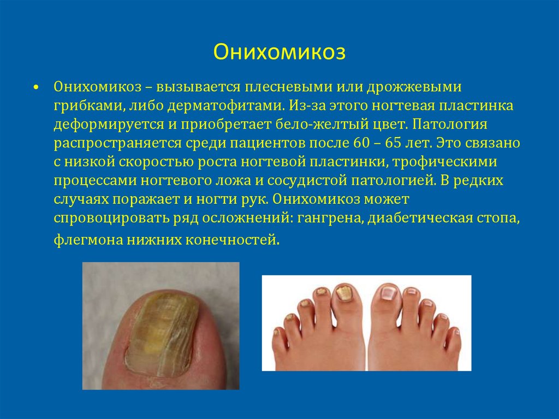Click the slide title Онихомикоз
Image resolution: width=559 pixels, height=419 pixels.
pos(279,52)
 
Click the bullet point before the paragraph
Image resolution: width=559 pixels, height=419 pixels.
pos(35,88)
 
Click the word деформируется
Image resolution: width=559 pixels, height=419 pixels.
pos(106,125)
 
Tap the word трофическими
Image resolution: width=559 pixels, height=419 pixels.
pos(444,162)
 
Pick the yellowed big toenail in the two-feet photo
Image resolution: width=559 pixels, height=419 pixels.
pos(343,293)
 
